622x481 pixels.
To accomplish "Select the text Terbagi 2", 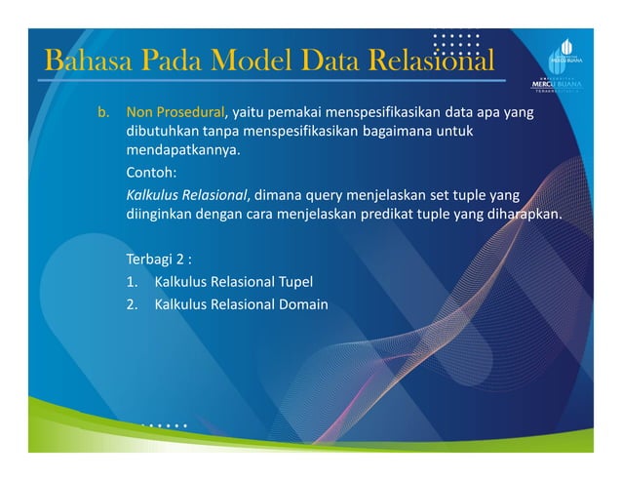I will coord(156,261).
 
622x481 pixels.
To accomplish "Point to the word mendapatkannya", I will coord(181,152).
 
